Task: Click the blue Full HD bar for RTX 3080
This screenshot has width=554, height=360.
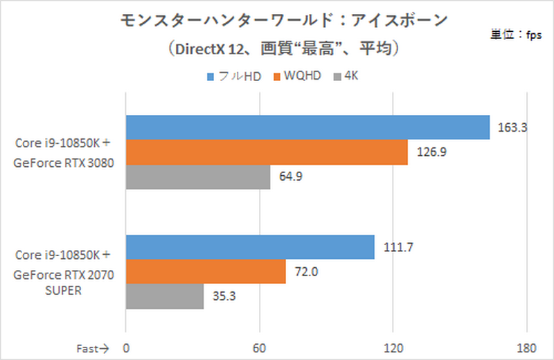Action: (307, 127)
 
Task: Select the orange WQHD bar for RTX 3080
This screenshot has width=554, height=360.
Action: (267, 152)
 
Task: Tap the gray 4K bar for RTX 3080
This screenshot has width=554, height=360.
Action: (197, 177)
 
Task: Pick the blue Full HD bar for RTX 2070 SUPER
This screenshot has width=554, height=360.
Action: (250, 247)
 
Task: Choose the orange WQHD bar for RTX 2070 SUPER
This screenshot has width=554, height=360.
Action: (206, 271)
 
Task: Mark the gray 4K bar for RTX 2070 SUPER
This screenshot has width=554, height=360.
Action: (165, 296)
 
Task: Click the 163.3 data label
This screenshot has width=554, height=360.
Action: (513, 127)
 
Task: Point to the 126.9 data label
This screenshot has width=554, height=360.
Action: (431, 152)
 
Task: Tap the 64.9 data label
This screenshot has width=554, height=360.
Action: (290, 177)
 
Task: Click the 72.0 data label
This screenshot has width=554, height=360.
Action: (305, 271)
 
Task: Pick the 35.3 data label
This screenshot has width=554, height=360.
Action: (224, 296)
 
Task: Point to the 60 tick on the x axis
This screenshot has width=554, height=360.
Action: (260, 347)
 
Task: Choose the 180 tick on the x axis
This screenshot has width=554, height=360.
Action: (526, 347)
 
